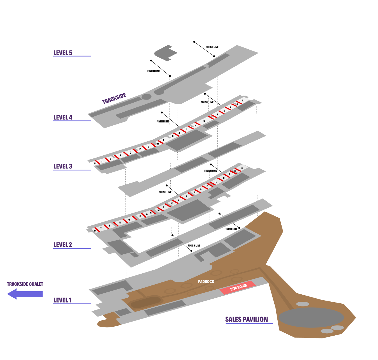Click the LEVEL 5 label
point(63,53)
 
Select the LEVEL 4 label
point(63,117)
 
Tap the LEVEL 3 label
point(63,166)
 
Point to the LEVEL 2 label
point(63,244)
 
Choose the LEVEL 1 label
point(62,300)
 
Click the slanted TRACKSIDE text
point(114,98)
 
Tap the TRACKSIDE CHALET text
point(25,284)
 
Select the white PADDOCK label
point(206,281)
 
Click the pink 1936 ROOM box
point(238,287)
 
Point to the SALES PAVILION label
point(246,319)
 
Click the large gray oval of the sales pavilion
point(311,317)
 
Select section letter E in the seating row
point(216,182)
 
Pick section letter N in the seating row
point(150,213)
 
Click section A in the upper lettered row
point(243,100)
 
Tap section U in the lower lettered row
point(95,231)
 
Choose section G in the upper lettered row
point(204,121)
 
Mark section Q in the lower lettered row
point(129,220)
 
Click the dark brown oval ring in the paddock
point(146,302)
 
